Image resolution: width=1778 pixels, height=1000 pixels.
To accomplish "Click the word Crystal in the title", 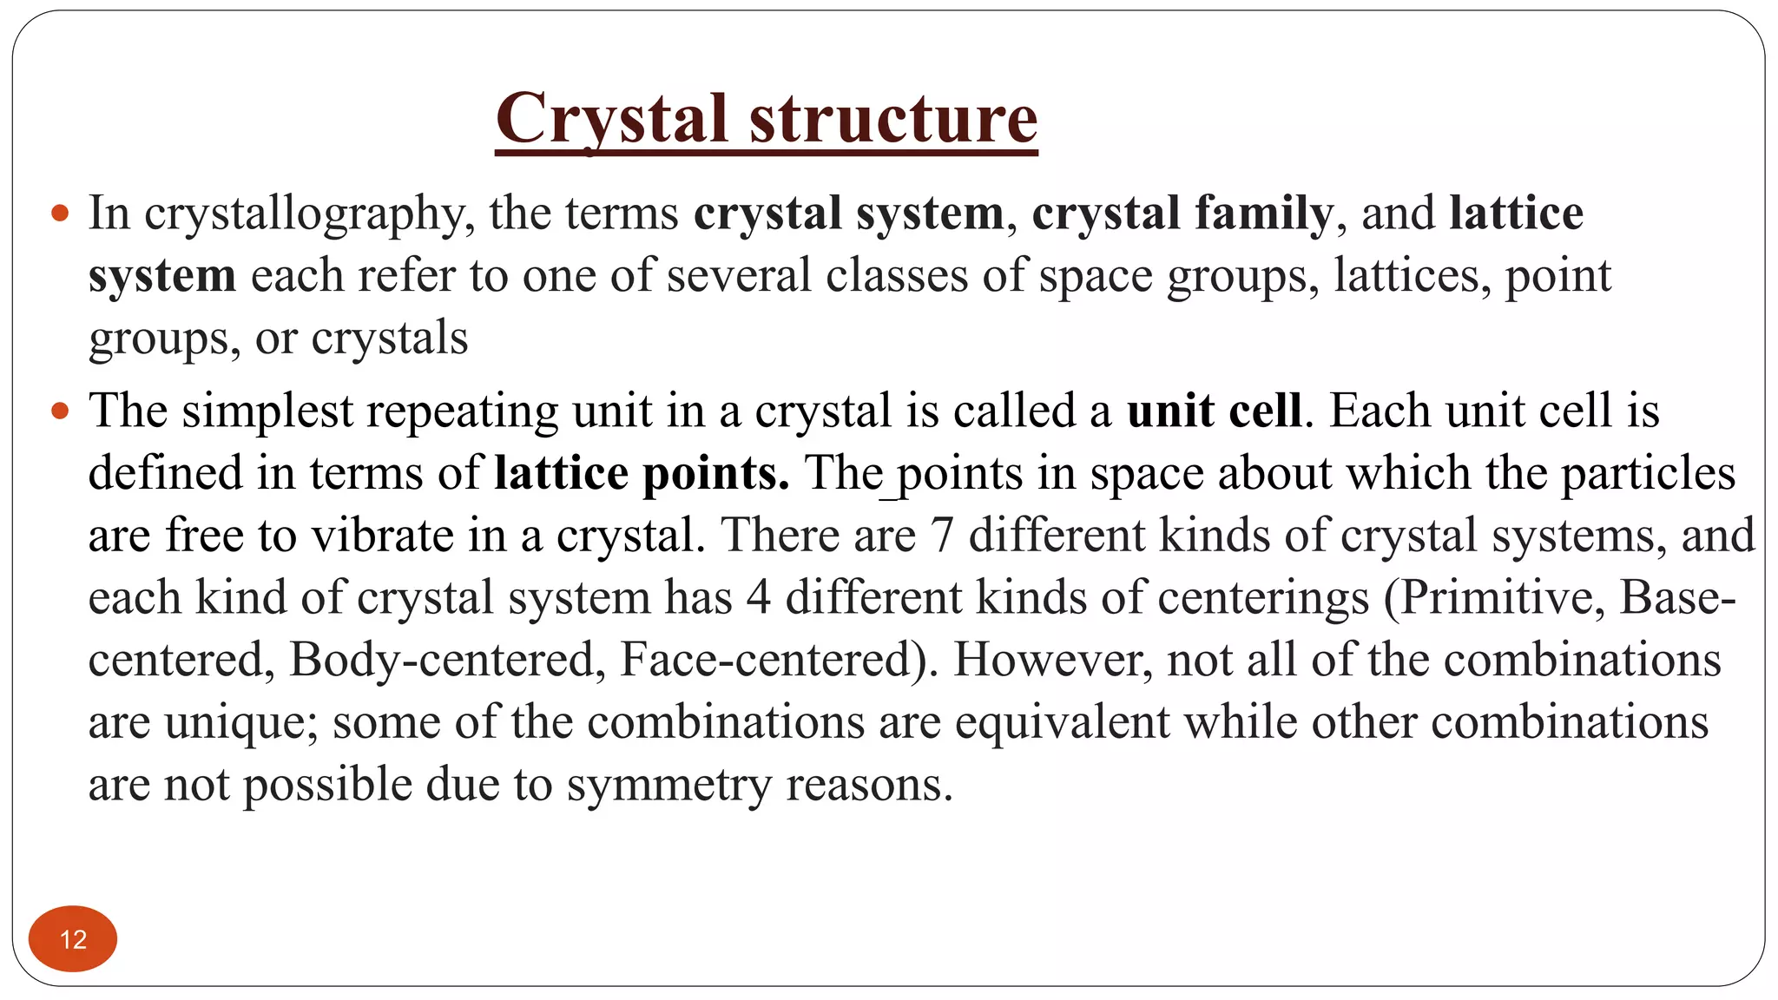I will coord(611,119).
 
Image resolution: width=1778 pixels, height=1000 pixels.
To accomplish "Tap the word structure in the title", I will coord(893,119).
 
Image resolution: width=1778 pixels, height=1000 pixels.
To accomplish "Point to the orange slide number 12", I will coord(73,939).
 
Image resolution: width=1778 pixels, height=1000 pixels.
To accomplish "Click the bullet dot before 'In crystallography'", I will coord(60,213).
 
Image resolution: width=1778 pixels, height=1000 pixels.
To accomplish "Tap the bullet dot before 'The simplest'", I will coord(60,411).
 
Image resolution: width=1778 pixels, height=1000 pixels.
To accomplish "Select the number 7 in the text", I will coord(942,535).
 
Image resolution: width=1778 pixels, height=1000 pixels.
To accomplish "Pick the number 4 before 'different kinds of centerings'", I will coord(758,597).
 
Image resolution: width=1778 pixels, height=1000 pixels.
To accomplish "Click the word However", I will coord(1052,660).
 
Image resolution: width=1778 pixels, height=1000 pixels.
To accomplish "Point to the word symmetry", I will coord(668,785).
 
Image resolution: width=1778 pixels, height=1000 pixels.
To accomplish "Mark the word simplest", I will coord(267,411).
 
